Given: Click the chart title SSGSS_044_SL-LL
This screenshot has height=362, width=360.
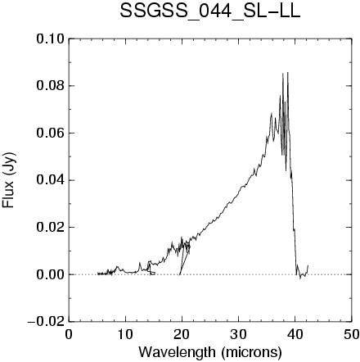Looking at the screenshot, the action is [x=210, y=12].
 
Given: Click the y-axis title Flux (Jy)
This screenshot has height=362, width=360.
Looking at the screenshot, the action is [x=9, y=180].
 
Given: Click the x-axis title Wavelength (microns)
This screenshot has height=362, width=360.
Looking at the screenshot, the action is [x=210, y=352].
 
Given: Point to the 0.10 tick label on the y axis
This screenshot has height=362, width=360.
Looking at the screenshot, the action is [x=51, y=39].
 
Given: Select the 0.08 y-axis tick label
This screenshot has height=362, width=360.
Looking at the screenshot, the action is [x=51, y=86].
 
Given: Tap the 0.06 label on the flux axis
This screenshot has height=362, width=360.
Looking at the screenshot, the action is [x=51, y=133].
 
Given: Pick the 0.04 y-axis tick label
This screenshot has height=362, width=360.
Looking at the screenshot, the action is [x=51, y=180].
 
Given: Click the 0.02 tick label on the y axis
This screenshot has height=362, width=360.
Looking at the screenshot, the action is [x=51, y=228].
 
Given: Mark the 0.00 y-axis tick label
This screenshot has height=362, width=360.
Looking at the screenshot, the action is [x=51, y=274].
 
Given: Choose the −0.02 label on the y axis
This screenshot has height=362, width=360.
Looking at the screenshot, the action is [x=46, y=322].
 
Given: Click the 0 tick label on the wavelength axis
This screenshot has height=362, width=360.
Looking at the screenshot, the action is [x=69, y=334].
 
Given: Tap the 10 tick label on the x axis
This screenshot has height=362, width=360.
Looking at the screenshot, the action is [x=125, y=334].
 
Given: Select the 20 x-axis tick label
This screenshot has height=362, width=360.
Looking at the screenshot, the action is [x=182, y=334].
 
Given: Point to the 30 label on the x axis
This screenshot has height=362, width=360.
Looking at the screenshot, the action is [x=238, y=334].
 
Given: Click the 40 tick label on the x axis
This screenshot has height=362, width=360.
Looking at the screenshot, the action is [x=295, y=334].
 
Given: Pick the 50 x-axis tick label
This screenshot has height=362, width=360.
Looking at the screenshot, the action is [x=351, y=334].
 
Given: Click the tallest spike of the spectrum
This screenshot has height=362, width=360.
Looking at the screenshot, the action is [x=288, y=73].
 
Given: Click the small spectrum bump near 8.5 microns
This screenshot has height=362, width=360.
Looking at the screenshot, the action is [x=118, y=267].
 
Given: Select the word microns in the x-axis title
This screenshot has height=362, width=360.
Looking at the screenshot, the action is [x=251, y=352].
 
